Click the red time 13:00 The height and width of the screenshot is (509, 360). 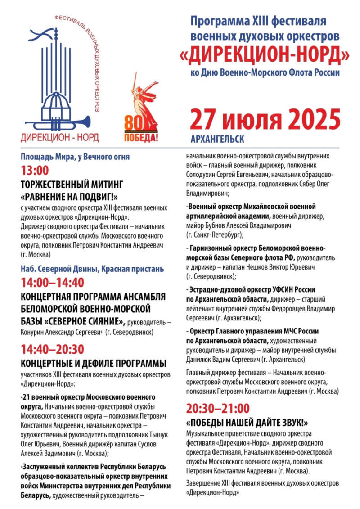[35, 171]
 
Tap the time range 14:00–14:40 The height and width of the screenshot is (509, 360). [52, 283]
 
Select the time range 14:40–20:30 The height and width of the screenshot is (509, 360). [52, 349]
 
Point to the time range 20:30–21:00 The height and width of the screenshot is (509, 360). [217, 408]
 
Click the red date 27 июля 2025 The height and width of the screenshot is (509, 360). [265, 119]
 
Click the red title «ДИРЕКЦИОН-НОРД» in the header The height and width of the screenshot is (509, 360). [265, 54]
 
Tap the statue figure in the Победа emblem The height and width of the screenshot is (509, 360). [146, 99]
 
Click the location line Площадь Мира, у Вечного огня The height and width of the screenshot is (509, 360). [75, 157]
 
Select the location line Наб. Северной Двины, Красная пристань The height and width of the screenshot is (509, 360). [92, 269]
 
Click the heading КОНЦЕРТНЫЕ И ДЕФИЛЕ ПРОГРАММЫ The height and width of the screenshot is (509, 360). [94, 363]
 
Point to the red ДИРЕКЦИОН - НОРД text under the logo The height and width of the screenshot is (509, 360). [59, 136]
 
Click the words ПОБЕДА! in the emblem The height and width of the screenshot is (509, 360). [141, 136]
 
